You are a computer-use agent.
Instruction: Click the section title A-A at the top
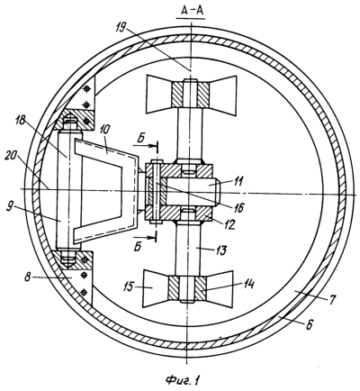click(x=191, y=11)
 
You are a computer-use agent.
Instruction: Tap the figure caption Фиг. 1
click(x=183, y=380)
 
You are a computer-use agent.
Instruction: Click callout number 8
click(x=29, y=277)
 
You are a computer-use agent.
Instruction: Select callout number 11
click(x=240, y=181)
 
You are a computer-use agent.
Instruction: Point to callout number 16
click(x=239, y=207)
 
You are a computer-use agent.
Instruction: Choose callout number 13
click(x=221, y=250)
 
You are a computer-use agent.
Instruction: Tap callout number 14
click(x=249, y=284)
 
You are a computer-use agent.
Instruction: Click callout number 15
click(x=130, y=287)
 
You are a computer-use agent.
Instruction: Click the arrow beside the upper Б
click(x=145, y=145)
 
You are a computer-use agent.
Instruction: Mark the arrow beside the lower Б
click(x=145, y=237)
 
